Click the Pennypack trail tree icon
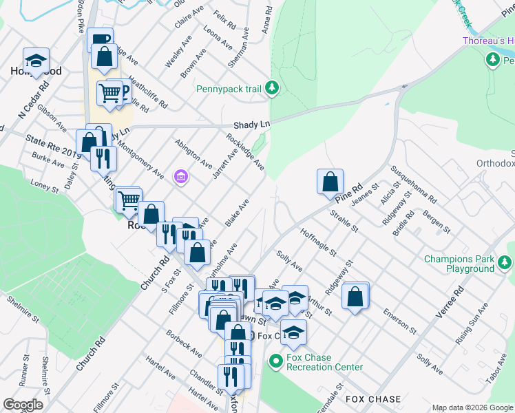click(273, 87)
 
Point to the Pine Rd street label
click(350, 193)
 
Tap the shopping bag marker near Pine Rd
click(330, 182)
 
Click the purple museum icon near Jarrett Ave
click(181, 178)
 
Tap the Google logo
click(23, 405)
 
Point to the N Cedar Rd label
click(34, 100)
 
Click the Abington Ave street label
click(193, 152)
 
